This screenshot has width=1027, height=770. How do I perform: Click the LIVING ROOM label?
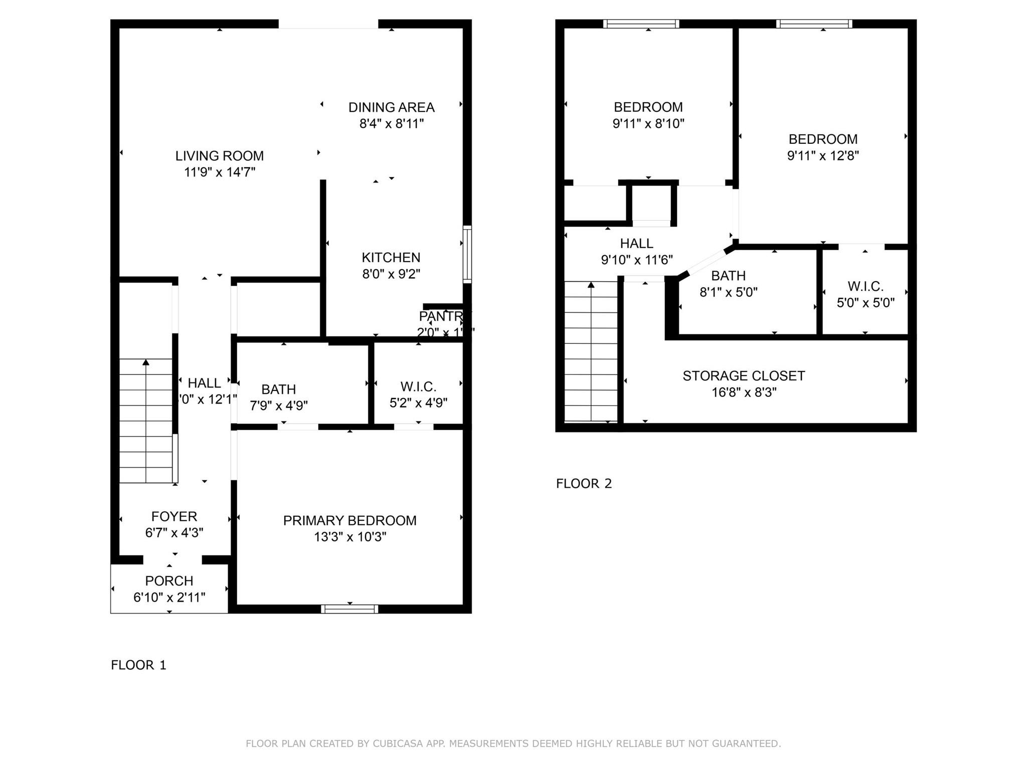pyautogui.click(x=219, y=156)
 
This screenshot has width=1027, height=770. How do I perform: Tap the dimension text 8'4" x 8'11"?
pyautogui.click(x=391, y=123)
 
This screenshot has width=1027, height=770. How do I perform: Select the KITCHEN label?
pyautogui.click(x=391, y=258)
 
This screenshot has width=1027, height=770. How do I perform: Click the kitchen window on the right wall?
pyautogui.click(x=467, y=254)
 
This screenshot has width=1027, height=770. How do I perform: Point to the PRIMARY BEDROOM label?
pyautogui.click(x=350, y=521)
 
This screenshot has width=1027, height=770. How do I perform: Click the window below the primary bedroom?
pyautogui.click(x=350, y=609)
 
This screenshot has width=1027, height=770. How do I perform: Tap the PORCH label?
pyautogui.click(x=169, y=581)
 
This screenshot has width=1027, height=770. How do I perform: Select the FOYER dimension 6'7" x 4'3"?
pyautogui.click(x=174, y=533)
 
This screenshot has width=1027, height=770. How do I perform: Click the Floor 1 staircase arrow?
pyautogui.click(x=146, y=362)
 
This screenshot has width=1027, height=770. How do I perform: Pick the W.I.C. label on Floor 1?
pyautogui.click(x=418, y=387)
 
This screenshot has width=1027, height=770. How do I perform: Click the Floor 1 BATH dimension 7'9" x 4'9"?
pyautogui.click(x=279, y=406)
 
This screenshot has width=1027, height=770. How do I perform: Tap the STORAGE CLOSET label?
pyautogui.click(x=743, y=376)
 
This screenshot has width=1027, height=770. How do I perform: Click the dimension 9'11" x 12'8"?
pyautogui.click(x=822, y=156)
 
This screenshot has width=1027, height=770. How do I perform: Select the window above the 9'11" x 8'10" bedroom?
pyautogui.click(x=641, y=24)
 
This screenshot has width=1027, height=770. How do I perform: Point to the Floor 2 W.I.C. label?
pyautogui.click(x=865, y=287)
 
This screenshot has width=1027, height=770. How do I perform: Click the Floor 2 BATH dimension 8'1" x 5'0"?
pyautogui.click(x=728, y=292)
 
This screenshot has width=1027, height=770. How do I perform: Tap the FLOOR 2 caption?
pyautogui.click(x=584, y=484)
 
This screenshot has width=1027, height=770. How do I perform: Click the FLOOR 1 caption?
pyautogui.click(x=138, y=665)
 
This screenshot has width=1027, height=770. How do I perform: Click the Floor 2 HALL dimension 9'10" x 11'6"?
pyautogui.click(x=636, y=260)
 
